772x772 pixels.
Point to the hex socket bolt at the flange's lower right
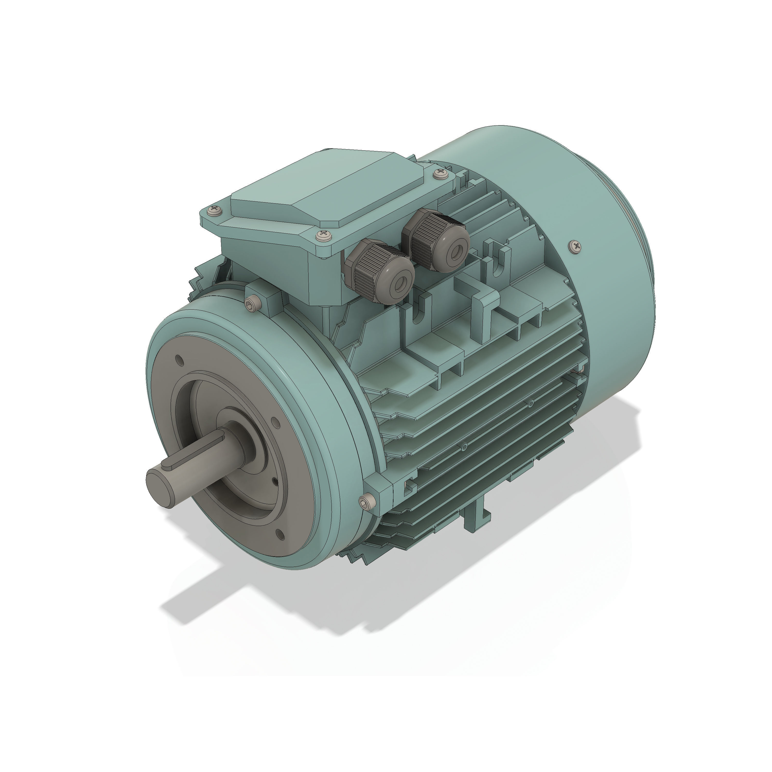[367, 502]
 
